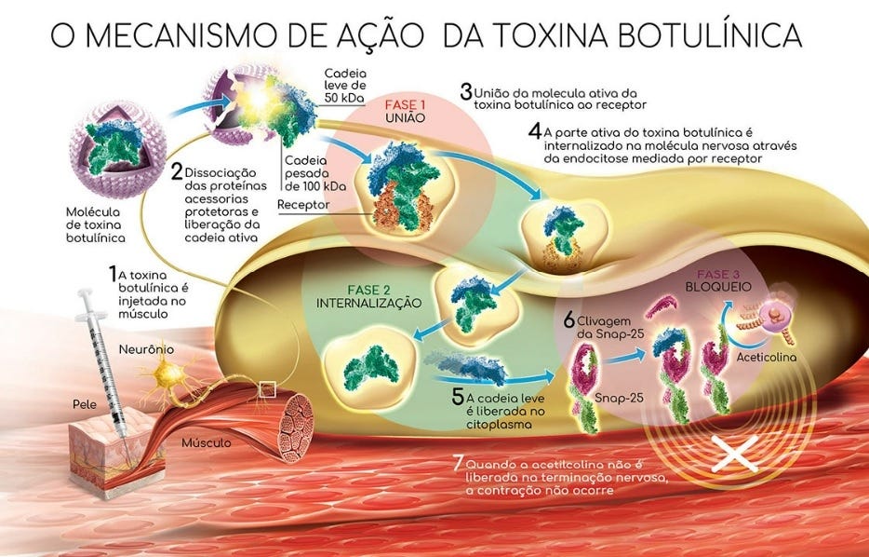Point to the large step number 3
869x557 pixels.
[x=465, y=92]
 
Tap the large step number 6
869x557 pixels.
[x=569, y=319]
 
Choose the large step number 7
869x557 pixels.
[x=457, y=463]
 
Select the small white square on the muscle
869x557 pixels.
[x=267, y=389]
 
